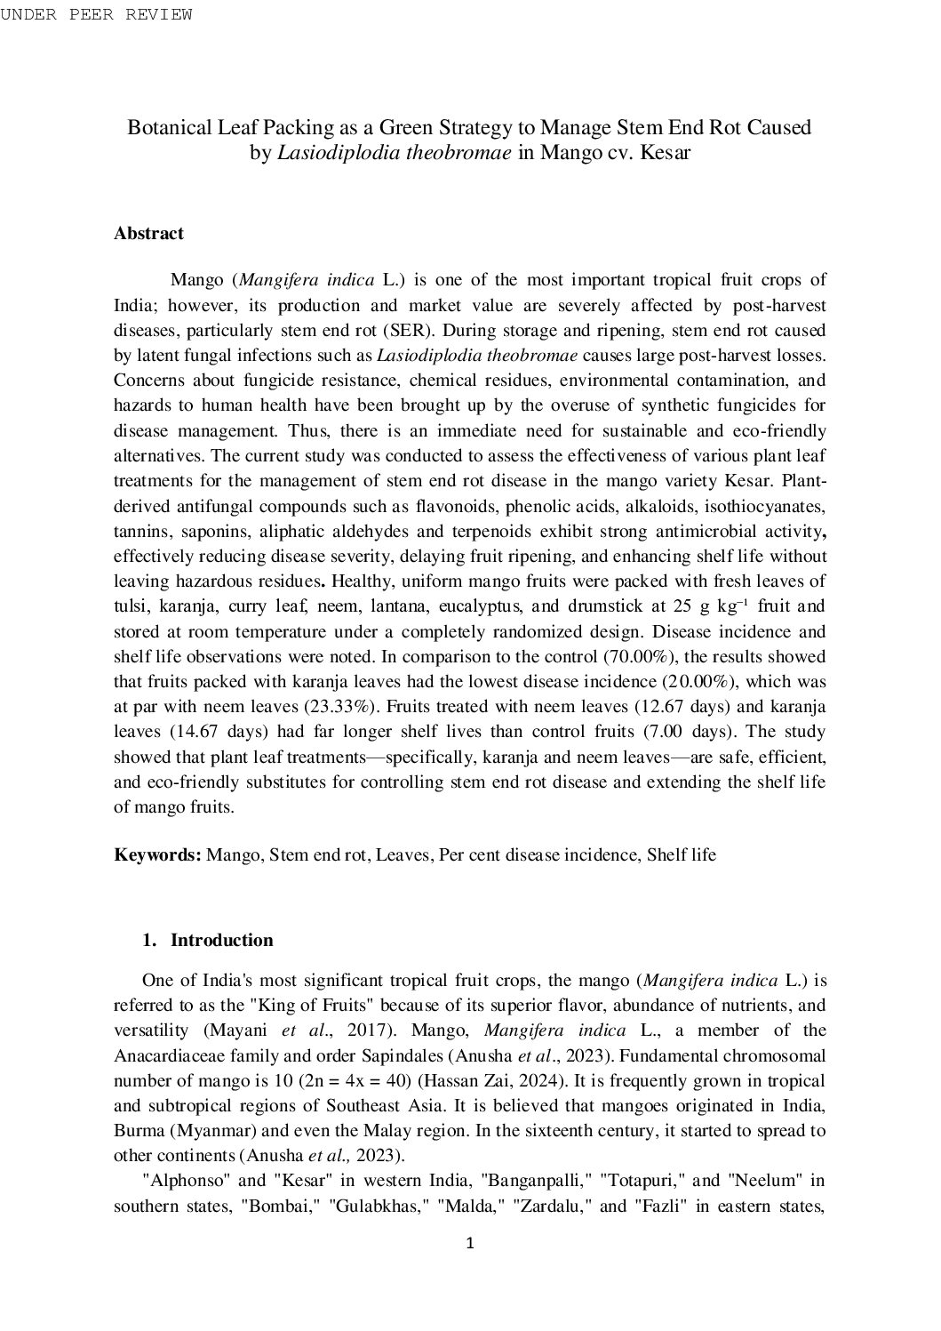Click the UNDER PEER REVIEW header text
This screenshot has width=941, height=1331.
click(96, 14)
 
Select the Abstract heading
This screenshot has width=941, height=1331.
click(148, 234)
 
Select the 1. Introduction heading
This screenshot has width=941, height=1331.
click(208, 941)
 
